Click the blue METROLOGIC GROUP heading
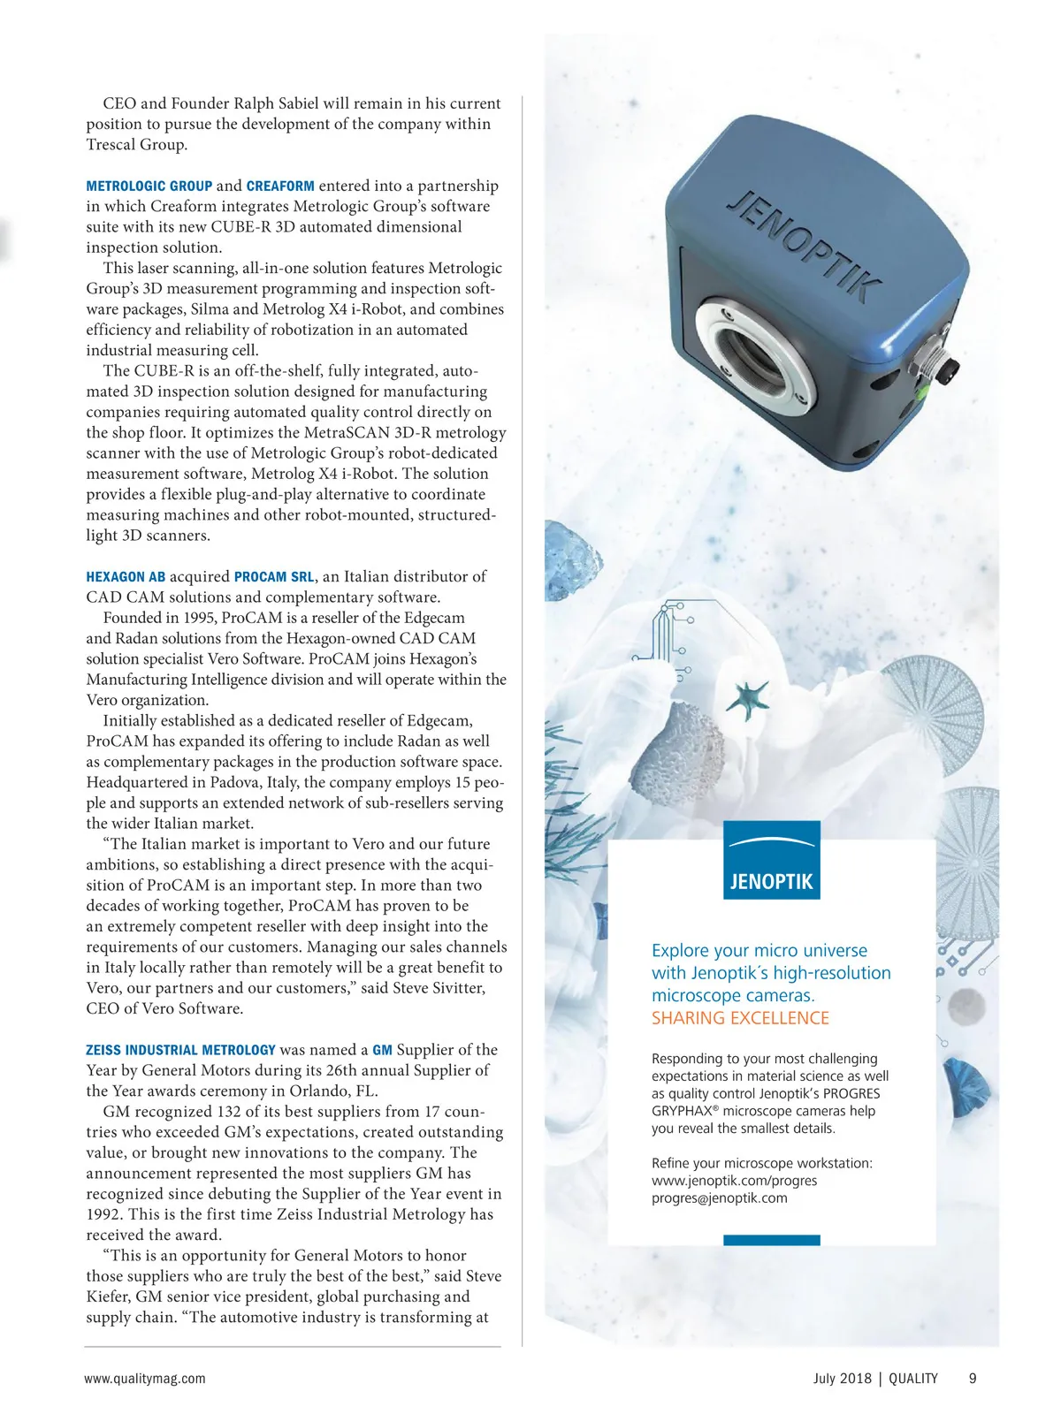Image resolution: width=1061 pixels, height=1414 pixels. point(149,186)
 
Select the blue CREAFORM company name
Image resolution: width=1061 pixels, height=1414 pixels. point(280,186)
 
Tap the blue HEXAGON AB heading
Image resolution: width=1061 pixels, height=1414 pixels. point(126,577)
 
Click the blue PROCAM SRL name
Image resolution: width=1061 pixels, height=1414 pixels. point(274,577)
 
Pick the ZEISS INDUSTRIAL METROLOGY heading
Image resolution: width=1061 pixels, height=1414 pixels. point(180,1050)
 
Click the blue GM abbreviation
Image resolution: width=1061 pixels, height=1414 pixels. point(382,1050)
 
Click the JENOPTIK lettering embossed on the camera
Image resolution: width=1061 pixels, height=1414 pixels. point(804,246)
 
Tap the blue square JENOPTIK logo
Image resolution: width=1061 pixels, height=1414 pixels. point(771,861)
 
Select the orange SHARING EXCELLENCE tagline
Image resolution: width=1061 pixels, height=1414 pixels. point(740,1018)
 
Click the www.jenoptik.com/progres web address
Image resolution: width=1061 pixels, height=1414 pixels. point(734,1181)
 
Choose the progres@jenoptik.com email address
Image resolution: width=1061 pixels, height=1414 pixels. point(719,1198)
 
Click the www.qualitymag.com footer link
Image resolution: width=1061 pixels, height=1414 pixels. point(145,1379)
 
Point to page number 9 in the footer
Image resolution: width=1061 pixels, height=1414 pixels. point(973,1379)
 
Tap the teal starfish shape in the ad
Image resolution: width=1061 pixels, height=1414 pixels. point(747,698)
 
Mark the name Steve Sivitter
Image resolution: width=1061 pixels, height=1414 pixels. point(439,988)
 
